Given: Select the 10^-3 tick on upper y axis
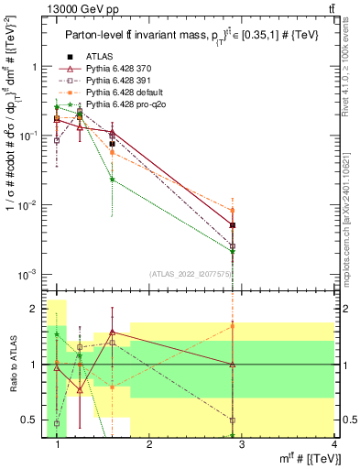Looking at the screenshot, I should [x=30, y=275].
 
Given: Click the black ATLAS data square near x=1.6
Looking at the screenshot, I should [x=112, y=144].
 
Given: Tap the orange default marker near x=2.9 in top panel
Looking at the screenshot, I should [x=234, y=211].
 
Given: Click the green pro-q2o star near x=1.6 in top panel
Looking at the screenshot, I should [x=112, y=180].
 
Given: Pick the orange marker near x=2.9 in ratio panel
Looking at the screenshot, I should [x=234, y=325].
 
